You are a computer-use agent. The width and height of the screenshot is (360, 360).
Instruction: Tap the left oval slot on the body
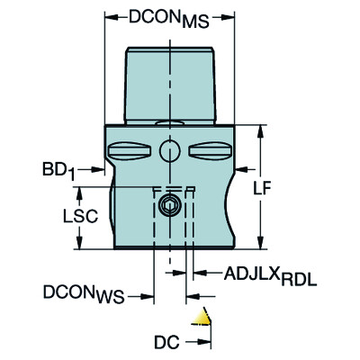coord(134,148)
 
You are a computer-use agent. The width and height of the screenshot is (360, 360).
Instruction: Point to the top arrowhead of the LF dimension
coord(262,130)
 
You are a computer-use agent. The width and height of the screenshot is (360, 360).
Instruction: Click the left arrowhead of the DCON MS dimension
coord(111,16)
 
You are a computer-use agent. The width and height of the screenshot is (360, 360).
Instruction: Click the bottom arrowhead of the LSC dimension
coord(82,246)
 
